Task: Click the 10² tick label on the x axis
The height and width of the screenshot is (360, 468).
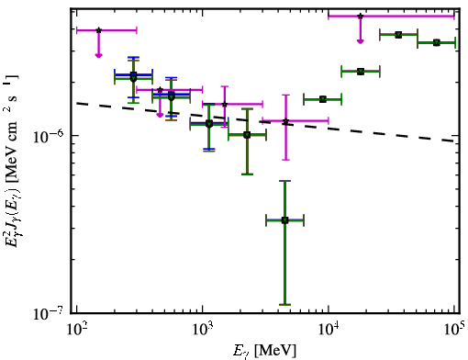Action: [x=76, y=329]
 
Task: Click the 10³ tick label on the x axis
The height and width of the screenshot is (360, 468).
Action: [x=203, y=329]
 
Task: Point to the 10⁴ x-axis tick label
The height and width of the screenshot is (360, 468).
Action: [x=329, y=329]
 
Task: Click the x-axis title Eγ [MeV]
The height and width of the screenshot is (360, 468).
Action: [x=264, y=351]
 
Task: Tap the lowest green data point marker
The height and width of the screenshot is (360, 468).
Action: [x=284, y=220]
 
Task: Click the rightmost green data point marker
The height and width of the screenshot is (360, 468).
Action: [x=437, y=42]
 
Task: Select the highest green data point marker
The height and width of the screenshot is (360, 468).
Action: [x=398, y=35]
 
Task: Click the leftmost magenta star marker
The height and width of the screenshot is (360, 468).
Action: [x=98, y=30]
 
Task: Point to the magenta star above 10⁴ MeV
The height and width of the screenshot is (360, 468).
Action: [x=361, y=16]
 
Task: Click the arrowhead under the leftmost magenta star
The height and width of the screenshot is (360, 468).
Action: [x=98, y=55]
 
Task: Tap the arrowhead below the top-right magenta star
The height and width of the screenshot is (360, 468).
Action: [x=361, y=41]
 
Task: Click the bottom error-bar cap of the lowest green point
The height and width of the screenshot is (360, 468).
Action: [x=284, y=305]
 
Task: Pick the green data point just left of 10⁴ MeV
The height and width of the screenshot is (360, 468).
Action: [x=323, y=99]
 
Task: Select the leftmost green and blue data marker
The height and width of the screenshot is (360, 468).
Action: [x=133, y=76]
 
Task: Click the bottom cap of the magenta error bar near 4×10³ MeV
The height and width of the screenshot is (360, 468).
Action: [x=285, y=160]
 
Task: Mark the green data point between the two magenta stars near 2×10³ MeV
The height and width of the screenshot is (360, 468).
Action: [x=247, y=135]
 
